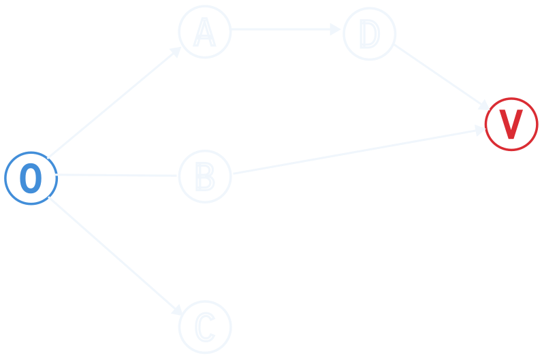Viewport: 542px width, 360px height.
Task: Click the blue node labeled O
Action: (x=31, y=178)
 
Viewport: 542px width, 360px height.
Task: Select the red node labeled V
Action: (x=511, y=124)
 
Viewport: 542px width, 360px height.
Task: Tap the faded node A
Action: (x=205, y=31)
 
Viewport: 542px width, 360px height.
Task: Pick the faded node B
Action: (x=205, y=176)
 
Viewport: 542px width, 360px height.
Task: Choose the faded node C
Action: (x=205, y=327)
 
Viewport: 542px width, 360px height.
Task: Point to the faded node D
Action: (x=369, y=33)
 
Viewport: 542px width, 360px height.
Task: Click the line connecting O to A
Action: (x=112, y=101)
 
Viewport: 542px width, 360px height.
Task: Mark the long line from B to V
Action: (x=354, y=150)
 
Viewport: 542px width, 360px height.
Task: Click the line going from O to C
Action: (x=116, y=256)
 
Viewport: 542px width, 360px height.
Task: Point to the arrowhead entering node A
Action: (x=176, y=52)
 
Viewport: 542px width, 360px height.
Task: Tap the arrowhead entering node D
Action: (x=334, y=30)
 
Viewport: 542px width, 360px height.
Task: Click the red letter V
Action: (x=511, y=124)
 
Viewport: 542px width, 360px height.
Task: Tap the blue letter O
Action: (x=31, y=178)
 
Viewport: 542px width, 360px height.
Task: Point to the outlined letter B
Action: (x=204, y=176)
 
